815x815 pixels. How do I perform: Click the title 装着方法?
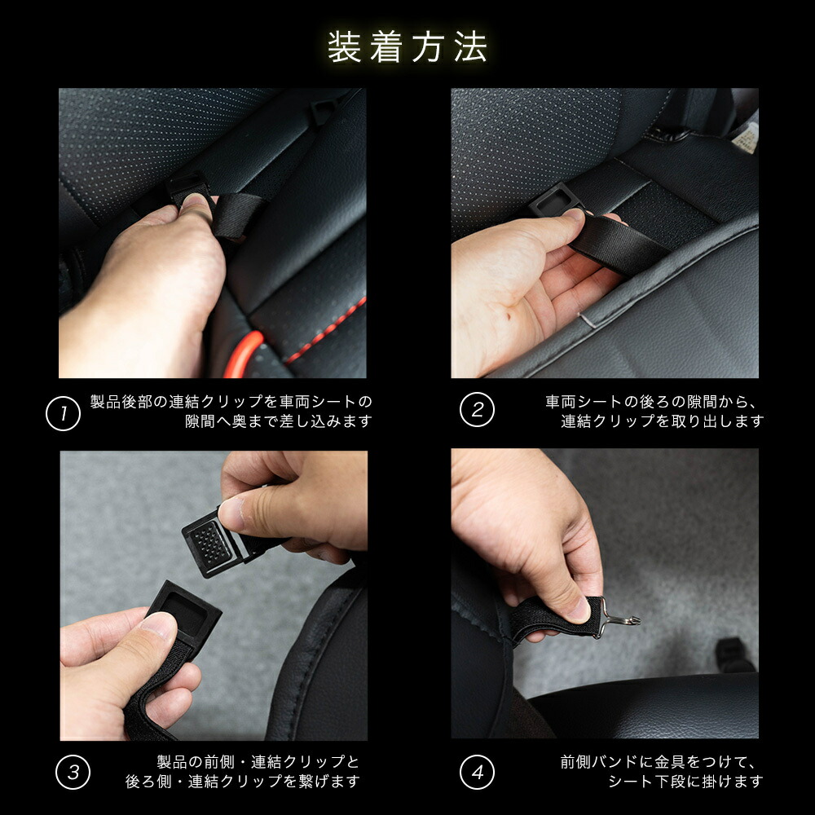(x=407, y=46)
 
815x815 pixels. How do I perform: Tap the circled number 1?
(x=63, y=413)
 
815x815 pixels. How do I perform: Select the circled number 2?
(x=477, y=410)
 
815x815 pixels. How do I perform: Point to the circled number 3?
(x=73, y=772)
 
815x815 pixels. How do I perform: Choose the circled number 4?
(x=477, y=772)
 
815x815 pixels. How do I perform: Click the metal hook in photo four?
(x=619, y=617)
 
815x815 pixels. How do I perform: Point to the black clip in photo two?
(x=553, y=200)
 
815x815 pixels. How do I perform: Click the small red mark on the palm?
(x=509, y=315)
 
